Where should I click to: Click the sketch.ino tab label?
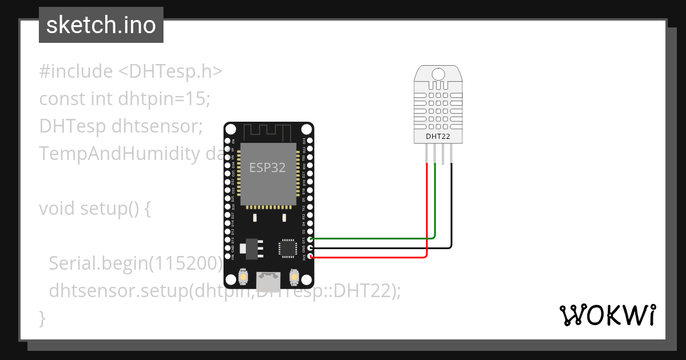[x=101, y=25]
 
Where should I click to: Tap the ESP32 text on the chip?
[x=267, y=167]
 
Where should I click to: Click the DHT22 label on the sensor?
[x=438, y=137]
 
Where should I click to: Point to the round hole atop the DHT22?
[x=438, y=74]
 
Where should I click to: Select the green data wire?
[x=372, y=238]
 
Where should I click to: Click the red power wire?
[x=372, y=257]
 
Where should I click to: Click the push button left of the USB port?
[x=243, y=277]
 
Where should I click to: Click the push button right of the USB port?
[x=294, y=277]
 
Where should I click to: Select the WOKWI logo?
[x=608, y=315]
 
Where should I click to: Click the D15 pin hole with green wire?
[x=310, y=239]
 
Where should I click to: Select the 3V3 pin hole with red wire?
[x=310, y=257]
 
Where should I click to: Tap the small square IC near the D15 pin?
[x=287, y=248]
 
